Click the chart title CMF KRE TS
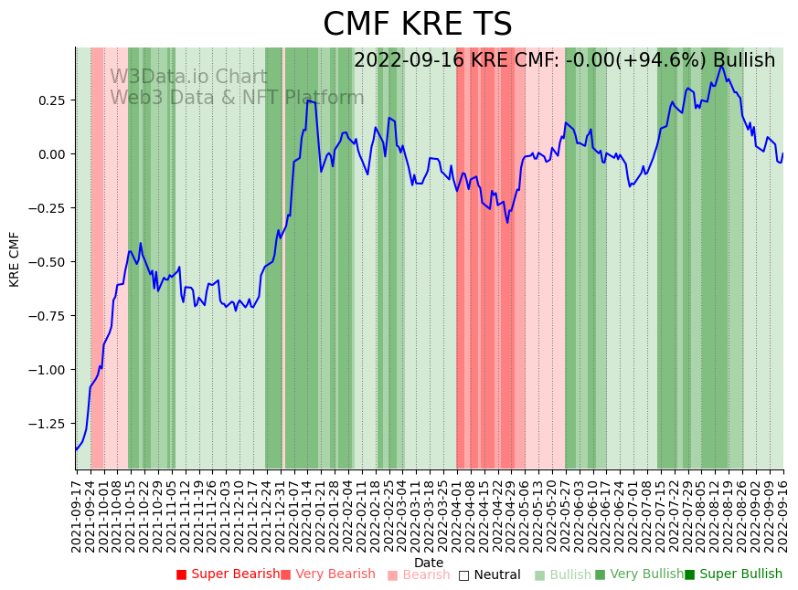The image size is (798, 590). [x=418, y=25]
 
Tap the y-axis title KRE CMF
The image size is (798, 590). [x=15, y=259]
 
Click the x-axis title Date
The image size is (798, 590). [x=428, y=563]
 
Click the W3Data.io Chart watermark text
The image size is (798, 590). [x=188, y=78]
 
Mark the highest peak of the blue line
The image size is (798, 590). [x=721, y=66]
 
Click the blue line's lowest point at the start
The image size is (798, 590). [x=76, y=449]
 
